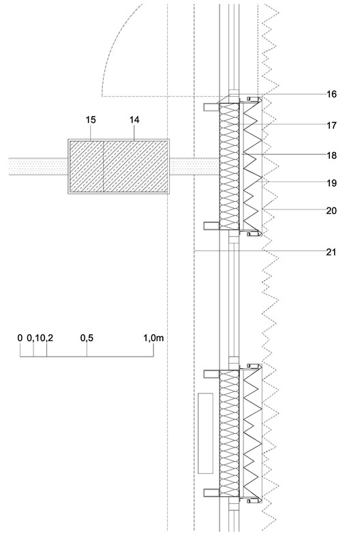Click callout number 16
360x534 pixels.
coord(331,94)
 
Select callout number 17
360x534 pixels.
coord(331,125)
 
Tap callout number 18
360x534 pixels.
coord(331,155)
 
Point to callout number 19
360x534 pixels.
coord(331,183)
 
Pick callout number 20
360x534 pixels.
coord(331,211)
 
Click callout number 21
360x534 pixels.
coord(331,252)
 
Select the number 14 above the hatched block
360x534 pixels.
coord(134,120)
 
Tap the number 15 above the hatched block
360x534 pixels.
coord(91,120)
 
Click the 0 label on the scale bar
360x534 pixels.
coord(20,338)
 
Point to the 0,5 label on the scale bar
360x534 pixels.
coord(87,338)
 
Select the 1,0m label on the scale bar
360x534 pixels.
coord(153,338)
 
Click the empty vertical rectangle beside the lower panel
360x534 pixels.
coord(206,433)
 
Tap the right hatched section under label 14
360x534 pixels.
coord(136,166)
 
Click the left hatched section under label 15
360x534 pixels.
coord(87,166)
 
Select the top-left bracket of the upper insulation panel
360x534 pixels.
coord(211,107)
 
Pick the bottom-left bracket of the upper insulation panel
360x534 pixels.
coord(211,226)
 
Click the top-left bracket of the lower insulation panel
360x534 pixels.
coord(211,374)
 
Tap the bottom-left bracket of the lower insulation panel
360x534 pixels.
coord(211,492)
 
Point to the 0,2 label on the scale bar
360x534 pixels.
coord(48,338)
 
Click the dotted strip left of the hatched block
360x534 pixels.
coord(38,166)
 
